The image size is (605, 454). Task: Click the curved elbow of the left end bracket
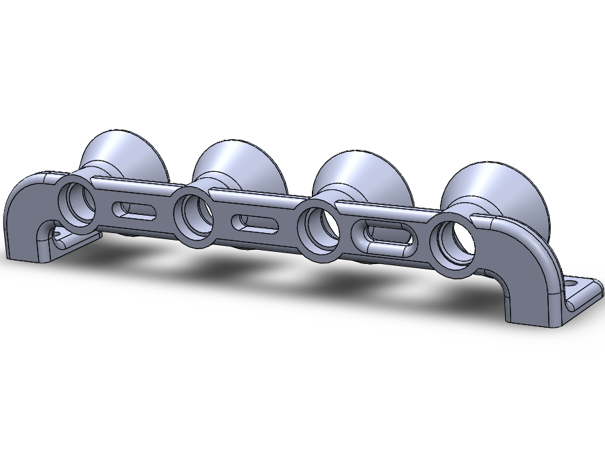(x=27, y=191)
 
